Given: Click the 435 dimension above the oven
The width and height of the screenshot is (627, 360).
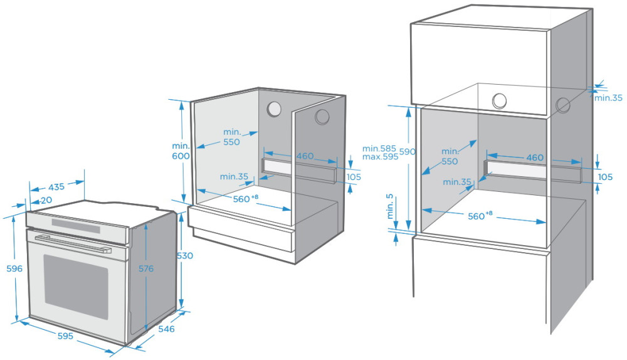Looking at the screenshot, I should tap(56, 187).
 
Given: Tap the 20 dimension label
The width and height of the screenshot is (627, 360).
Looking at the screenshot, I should tap(46, 200).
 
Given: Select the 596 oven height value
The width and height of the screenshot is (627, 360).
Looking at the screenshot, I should tap(14, 268).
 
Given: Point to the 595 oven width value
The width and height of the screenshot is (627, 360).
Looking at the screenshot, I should tap(65, 336).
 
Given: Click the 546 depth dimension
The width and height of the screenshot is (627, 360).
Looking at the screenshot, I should tap(166, 328).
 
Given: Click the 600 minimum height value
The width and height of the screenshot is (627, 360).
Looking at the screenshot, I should tap(182, 156).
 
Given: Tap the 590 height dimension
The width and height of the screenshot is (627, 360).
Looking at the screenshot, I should tap(408, 152).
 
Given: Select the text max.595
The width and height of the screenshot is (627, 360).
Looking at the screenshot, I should tap(380, 157).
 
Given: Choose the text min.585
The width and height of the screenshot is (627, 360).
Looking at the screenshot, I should tap(380, 149).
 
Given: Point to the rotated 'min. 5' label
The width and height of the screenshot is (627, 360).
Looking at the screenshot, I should tap(391, 206).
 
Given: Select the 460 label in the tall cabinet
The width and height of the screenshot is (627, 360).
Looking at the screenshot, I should tap(535, 157).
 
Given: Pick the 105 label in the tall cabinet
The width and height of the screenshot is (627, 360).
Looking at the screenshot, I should tap(605, 177).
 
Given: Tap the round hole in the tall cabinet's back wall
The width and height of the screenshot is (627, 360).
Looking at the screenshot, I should tap(499, 100).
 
